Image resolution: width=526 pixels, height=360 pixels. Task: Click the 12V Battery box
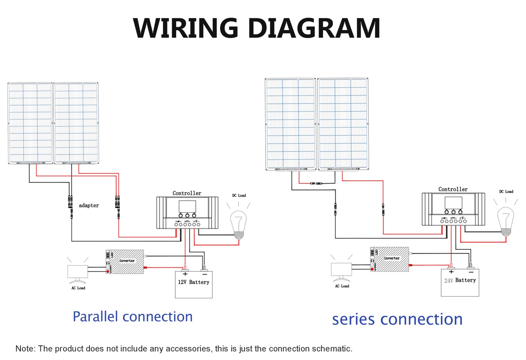[x=194, y=285]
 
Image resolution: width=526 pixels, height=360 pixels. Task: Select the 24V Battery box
[x=460, y=282]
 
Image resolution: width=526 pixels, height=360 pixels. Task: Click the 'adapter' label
[x=89, y=205]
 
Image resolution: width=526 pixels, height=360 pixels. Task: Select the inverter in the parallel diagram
[x=125, y=262]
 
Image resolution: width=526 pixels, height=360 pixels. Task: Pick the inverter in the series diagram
[x=389, y=259]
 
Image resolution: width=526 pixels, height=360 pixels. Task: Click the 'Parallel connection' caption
[x=133, y=317]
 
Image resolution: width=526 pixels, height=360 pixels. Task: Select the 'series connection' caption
[x=397, y=319]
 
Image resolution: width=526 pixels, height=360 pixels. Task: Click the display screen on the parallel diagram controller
[x=187, y=206]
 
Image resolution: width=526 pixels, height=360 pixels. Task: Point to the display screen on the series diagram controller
[x=453, y=203]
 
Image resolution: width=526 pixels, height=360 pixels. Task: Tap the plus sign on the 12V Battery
[x=185, y=274]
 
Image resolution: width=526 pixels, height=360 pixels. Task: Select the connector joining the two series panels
[x=316, y=183]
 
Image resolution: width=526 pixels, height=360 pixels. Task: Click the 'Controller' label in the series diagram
[x=453, y=189]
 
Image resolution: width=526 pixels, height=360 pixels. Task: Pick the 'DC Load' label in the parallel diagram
[x=239, y=195]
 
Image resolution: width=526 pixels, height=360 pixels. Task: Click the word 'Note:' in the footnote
[x=25, y=349]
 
